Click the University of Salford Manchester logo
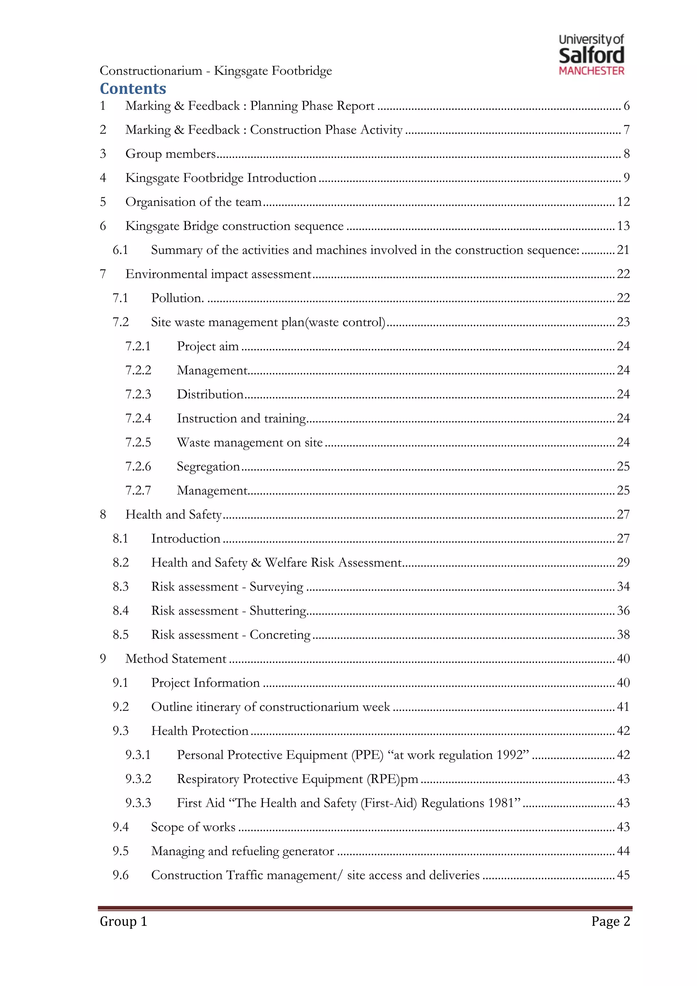[591, 55]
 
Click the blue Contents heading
[133, 89]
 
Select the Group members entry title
[171, 154]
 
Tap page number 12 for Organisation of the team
[623, 202]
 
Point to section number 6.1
[120, 250]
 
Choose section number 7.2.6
[138, 466]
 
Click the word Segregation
[208, 466]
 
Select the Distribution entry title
[210, 394]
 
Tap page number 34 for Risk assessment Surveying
[623, 587]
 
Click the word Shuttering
[278, 611]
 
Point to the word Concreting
[280, 635]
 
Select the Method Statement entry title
[176, 659]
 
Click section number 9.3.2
[138, 779]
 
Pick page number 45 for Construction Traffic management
[623, 875]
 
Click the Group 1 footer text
[124, 921]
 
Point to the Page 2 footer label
[610, 921]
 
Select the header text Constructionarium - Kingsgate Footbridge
[216, 70]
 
